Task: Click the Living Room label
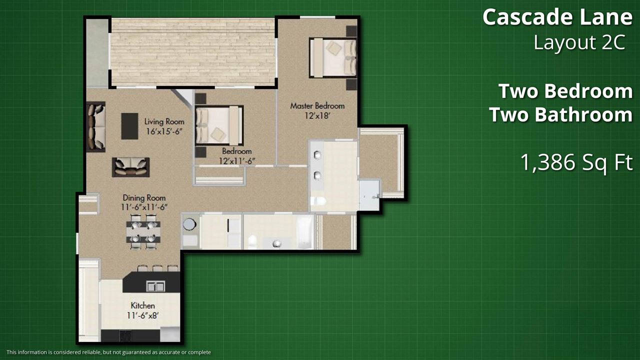tap(164, 121)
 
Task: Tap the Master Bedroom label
tap(317, 106)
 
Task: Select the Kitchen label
tap(143, 305)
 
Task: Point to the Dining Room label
tap(144, 197)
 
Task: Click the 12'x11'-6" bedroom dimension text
tap(237, 161)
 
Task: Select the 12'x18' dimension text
tap(317, 116)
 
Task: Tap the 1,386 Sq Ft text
tap(576, 162)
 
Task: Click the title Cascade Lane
tap(557, 17)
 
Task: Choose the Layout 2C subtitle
tap(579, 42)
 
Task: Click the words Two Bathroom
tap(561, 114)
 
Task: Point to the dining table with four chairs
tap(143, 232)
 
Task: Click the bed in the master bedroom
tap(333, 57)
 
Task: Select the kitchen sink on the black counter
tap(155, 286)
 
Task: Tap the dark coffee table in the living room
tap(129, 126)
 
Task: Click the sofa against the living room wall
tap(95, 126)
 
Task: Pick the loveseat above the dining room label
tap(131, 167)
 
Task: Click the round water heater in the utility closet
tap(189, 224)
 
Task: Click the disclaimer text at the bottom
tap(108, 352)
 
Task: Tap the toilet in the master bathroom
tap(318, 201)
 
